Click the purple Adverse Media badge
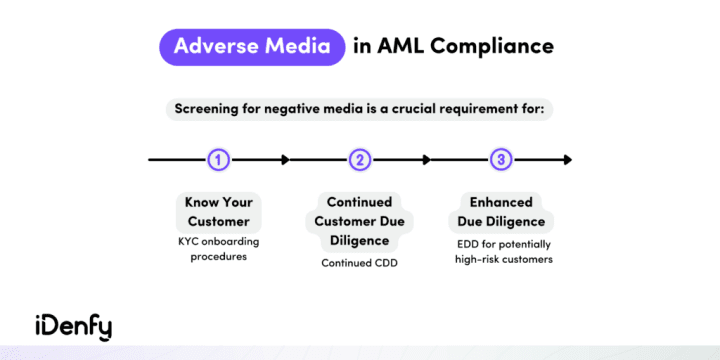coord(253,47)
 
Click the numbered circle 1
coord(218,159)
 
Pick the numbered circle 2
coord(360,159)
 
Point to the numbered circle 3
coord(501,159)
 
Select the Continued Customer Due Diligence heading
coord(360,221)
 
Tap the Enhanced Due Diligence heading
coord(501,211)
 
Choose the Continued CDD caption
coord(360,263)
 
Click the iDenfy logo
coord(71,325)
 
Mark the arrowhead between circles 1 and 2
coord(286,159)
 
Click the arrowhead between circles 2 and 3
coord(427,159)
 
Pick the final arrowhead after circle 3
coord(567,159)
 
